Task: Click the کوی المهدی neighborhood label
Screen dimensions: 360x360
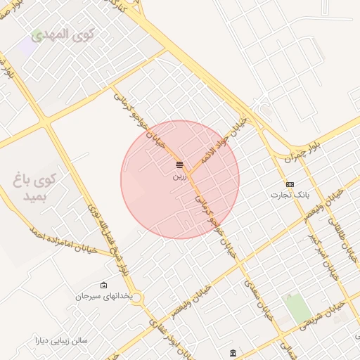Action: click(x=60, y=34)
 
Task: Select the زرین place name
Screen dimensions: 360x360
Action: click(x=180, y=176)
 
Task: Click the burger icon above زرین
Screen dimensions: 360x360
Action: click(x=180, y=165)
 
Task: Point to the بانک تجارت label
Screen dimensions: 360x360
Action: click(x=290, y=194)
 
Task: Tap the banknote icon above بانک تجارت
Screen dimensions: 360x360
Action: click(x=290, y=184)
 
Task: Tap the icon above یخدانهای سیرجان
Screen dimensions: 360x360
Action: click(x=104, y=285)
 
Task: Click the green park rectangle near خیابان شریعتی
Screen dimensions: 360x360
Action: click(x=297, y=309)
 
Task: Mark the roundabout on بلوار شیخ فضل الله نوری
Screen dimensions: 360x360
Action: click(x=135, y=298)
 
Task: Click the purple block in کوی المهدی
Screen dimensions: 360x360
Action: click(x=27, y=46)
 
